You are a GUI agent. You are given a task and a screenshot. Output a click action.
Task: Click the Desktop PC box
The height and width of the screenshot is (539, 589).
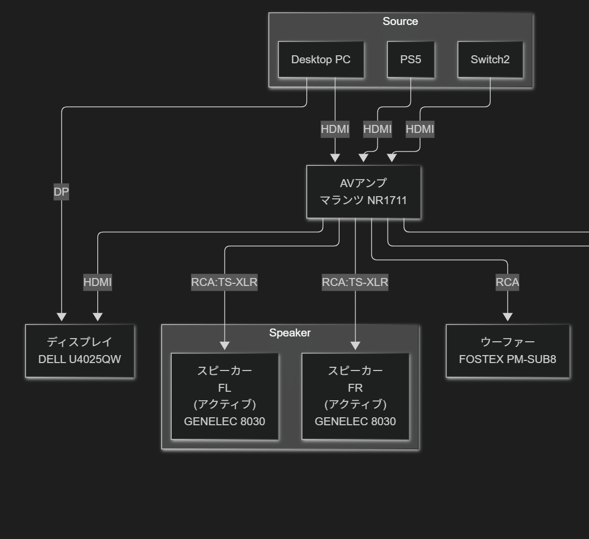point(321,60)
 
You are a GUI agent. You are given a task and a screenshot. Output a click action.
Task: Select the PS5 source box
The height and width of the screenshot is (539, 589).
point(410,60)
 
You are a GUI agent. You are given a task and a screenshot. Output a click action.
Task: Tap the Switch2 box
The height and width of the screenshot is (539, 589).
point(490,60)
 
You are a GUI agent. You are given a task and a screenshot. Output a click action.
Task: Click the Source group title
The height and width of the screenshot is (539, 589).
point(400,21)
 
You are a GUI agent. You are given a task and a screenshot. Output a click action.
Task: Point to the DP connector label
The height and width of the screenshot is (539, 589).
point(61,192)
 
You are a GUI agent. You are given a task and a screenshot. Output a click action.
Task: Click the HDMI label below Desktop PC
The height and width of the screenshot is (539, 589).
point(335,129)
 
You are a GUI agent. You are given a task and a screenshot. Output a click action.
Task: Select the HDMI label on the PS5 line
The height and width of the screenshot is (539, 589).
point(377,129)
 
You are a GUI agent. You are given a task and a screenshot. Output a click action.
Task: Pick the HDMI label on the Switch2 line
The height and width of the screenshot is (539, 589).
point(420,129)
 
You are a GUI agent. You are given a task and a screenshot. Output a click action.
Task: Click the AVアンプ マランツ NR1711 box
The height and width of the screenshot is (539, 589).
point(364,191)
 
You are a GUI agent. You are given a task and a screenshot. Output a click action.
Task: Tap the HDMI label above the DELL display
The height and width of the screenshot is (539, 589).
point(98,282)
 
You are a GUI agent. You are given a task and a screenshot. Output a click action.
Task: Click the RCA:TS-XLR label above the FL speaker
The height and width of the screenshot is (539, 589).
point(224,282)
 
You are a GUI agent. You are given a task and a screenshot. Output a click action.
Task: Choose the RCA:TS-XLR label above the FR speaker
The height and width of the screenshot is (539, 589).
point(355,282)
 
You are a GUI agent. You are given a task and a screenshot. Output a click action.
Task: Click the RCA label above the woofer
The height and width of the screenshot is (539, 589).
point(507,282)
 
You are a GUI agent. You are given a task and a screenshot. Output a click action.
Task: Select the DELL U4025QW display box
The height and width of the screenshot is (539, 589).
point(80,351)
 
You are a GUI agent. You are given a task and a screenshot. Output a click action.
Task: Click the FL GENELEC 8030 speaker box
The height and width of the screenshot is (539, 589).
point(224,396)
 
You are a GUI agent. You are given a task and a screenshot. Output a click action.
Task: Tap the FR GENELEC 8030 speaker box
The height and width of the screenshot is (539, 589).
point(355,396)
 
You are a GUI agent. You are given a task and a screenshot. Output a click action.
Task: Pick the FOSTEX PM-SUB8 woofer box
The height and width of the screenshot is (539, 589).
point(507,351)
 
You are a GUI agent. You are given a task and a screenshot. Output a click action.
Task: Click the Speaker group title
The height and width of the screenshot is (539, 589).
point(290,333)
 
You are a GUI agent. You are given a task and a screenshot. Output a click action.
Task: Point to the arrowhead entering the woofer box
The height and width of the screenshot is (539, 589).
point(507,317)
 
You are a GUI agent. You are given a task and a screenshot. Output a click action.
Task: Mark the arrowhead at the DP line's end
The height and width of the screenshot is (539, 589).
point(62,317)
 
